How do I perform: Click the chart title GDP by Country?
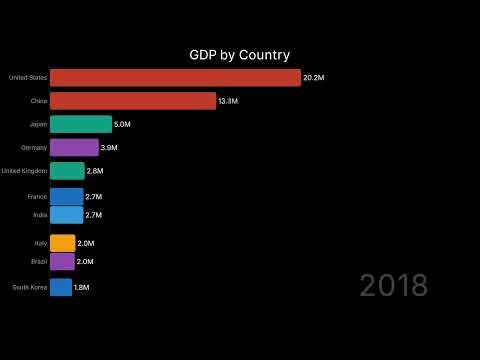click(240, 55)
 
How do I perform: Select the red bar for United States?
click(175, 78)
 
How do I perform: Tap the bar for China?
click(133, 101)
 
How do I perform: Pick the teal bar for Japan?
click(81, 124)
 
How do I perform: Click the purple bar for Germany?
click(74, 147)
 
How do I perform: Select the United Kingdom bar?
click(67, 171)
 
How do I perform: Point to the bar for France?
click(66, 197)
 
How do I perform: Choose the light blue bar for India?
click(66, 214)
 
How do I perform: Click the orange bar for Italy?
click(62, 243)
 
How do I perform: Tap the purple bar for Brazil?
click(62, 261)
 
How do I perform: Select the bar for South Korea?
click(61, 287)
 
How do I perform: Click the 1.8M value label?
click(83, 287)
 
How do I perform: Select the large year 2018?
click(393, 285)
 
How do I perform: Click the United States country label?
click(27, 78)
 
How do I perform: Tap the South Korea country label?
click(28, 287)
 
